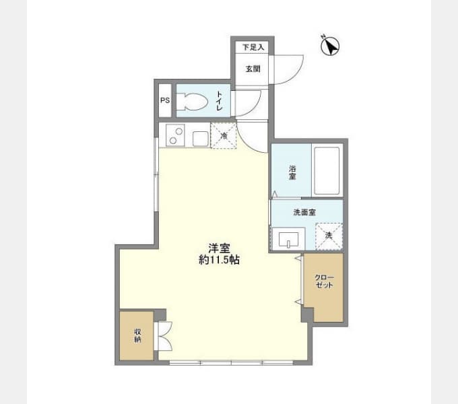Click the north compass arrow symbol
point(330,46)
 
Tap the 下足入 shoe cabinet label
point(253,47)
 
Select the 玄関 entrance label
point(253,69)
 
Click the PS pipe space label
point(165,100)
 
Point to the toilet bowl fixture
point(192,101)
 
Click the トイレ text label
point(219,101)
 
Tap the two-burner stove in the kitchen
point(175,135)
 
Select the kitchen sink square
point(201,139)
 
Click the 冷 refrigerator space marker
point(224,136)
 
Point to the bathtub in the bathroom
point(327,171)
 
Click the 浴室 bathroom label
point(292,172)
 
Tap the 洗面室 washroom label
point(304,212)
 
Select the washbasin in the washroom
point(288,239)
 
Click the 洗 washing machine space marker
point(329,236)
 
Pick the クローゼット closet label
point(324,281)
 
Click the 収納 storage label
point(137,336)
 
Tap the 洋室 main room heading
point(219,248)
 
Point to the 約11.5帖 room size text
point(219,259)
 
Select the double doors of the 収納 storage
point(164,336)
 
